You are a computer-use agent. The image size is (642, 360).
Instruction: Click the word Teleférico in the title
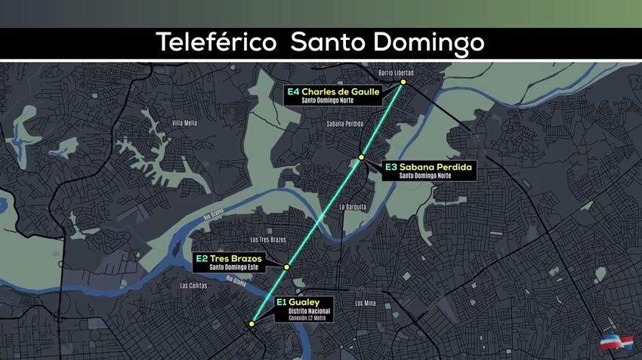tap(216, 42)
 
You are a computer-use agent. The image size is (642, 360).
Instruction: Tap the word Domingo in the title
tap(426, 42)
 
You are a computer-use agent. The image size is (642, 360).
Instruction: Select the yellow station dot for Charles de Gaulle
tap(403, 82)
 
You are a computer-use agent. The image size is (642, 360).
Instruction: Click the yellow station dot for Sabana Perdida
tap(362, 157)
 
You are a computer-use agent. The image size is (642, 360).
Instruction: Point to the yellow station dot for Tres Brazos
tap(287, 267)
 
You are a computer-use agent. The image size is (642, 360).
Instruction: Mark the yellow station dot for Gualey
tap(252, 324)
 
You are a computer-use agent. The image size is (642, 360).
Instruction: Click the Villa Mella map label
tap(184, 122)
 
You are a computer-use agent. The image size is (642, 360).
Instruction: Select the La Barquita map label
tap(352, 206)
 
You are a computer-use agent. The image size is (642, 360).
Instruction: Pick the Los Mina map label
tap(365, 303)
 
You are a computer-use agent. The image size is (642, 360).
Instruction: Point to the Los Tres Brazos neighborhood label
tap(268, 240)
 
